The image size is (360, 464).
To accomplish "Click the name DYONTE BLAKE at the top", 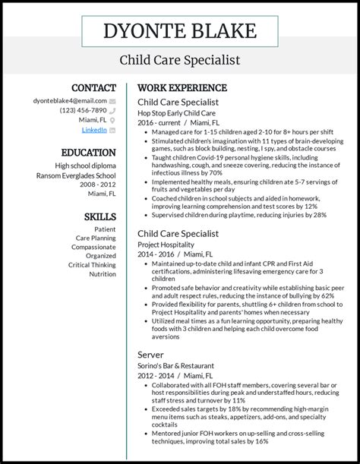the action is (x=180, y=32).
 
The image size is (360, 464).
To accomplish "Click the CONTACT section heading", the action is (x=93, y=87).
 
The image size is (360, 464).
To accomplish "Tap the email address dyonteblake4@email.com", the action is (x=70, y=100).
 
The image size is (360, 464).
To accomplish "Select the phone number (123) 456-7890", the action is (x=83, y=110).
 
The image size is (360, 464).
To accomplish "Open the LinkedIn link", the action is (x=94, y=130).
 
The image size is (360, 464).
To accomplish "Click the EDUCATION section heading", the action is (x=88, y=152).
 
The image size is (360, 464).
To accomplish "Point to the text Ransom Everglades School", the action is (x=76, y=175).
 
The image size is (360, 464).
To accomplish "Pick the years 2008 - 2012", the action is (x=97, y=185).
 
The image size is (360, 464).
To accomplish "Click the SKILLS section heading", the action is (x=99, y=216).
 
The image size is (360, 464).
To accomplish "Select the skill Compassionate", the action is (x=93, y=247).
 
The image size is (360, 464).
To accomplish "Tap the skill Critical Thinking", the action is (x=92, y=265).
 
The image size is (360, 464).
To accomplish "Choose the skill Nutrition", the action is (x=102, y=274).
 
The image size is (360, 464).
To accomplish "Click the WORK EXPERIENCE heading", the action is (x=182, y=87).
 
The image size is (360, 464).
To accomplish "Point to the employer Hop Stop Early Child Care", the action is (x=178, y=112).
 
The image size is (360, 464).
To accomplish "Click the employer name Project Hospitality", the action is (x=166, y=245).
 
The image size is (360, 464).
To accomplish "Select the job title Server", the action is (x=150, y=355).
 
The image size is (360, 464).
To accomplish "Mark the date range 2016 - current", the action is (x=159, y=122).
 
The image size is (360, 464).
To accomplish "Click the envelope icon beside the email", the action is (x=112, y=100).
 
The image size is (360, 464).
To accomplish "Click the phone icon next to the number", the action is (x=112, y=110).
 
